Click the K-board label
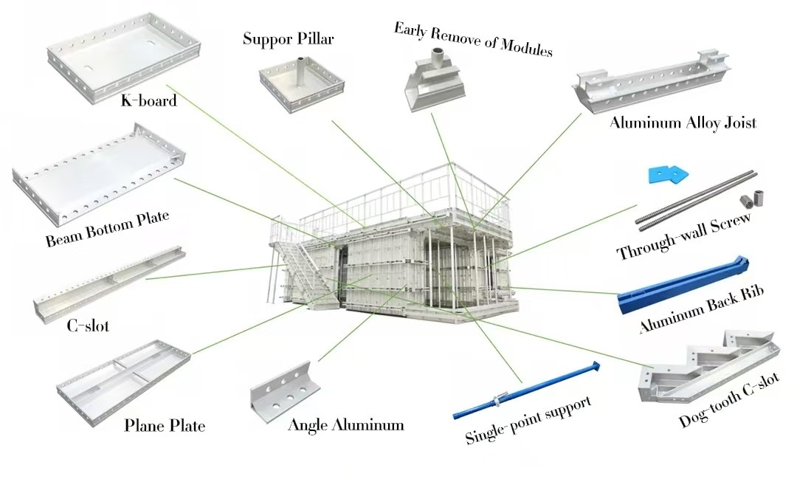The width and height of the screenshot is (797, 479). tap(148, 100)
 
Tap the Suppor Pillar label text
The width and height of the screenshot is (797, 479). tap(288, 38)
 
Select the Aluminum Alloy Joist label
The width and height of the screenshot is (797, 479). tap(682, 123)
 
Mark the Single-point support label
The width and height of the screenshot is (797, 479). tap(528, 420)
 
